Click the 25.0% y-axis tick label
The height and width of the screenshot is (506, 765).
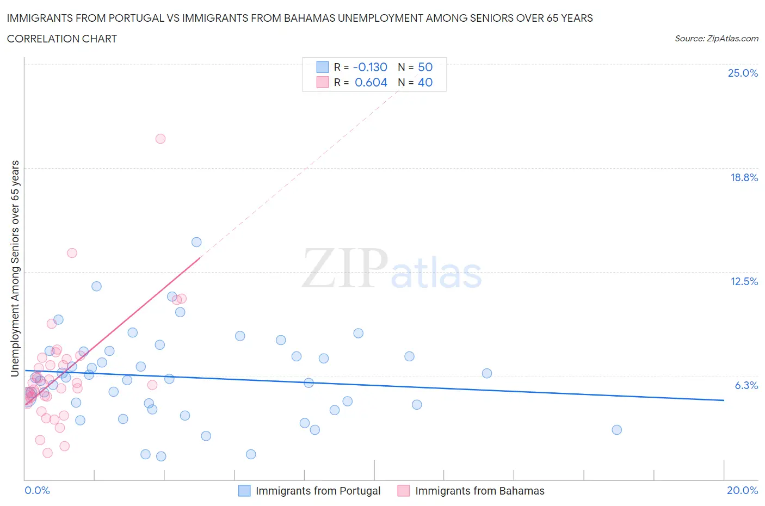[743, 73]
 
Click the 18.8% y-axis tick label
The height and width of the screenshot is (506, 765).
[744, 177]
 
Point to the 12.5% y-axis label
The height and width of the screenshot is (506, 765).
[744, 281]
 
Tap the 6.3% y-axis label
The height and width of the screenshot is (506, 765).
[746, 385]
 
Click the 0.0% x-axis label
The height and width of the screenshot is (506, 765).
[37, 490]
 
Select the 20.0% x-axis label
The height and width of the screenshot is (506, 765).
[742, 490]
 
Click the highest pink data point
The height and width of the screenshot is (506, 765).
[160, 139]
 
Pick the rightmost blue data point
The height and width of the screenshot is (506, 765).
[616, 430]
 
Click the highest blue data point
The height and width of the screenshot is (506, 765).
[196, 242]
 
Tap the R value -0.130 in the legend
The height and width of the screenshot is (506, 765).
[370, 67]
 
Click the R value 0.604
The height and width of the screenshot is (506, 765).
[371, 82]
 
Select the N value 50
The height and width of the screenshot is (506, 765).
[425, 67]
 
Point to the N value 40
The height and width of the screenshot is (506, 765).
[425, 82]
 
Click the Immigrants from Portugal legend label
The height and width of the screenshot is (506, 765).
[318, 491]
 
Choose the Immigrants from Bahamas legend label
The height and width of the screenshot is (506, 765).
[479, 491]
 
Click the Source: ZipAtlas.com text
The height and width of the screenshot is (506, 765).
[716, 39]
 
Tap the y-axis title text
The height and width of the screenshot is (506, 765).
[15, 268]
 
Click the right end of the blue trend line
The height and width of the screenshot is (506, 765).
[724, 400]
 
